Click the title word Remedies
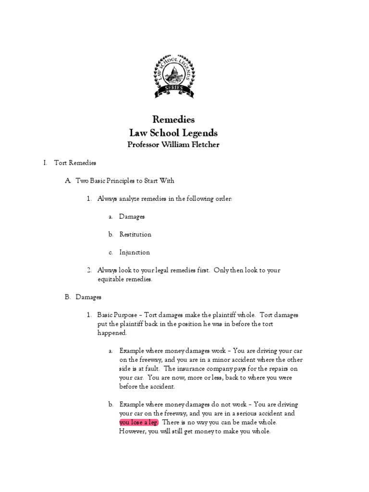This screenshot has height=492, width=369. point(173,119)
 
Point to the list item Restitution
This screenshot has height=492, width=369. point(135,234)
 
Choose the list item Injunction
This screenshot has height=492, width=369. point(135,252)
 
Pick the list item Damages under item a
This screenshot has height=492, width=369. point(132,217)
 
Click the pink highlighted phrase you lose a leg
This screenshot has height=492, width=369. point(139,422)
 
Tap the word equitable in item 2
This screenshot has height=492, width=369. point(111,279)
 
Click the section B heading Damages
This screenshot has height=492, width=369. point(88,297)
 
